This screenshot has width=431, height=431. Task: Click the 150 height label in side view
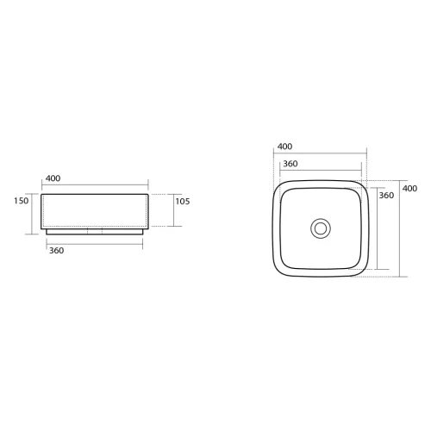click(22, 201)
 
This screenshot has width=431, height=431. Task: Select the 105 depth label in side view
click(183, 201)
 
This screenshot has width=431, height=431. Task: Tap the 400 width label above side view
click(53, 178)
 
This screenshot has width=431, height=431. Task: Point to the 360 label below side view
click(56, 251)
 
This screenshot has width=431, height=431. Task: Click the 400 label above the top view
click(284, 147)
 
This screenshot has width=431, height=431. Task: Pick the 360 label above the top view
click(290, 164)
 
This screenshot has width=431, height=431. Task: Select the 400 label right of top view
click(409, 189)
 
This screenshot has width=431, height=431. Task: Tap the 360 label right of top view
click(386, 196)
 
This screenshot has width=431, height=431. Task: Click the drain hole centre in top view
click(321, 228)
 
